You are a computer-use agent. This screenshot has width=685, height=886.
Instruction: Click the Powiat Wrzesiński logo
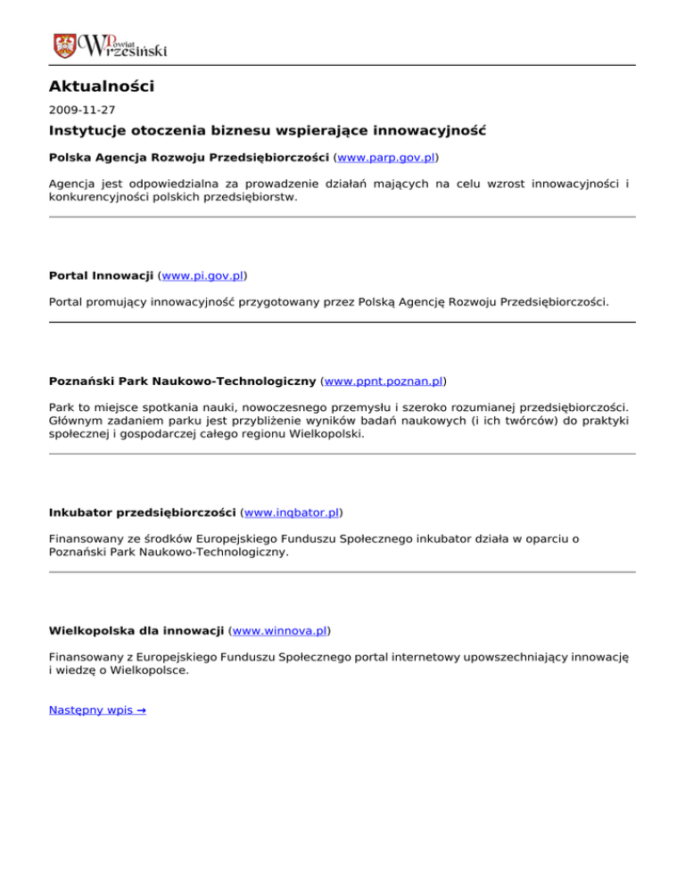pyautogui.click(x=110, y=44)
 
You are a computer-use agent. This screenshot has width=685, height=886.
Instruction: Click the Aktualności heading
pyautogui.click(x=102, y=86)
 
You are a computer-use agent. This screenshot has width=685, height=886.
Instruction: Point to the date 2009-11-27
pyautogui.click(x=82, y=110)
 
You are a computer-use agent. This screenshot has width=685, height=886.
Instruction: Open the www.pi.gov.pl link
pyautogui.click(x=208, y=276)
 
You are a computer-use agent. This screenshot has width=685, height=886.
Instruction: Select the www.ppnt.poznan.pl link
pyautogui.click(x=384, y=381)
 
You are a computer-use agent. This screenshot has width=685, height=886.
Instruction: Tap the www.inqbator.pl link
pyautogui.click(x=293, y=513)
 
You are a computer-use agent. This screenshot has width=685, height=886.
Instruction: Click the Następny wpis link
pyautogui.click(x=97, y=710)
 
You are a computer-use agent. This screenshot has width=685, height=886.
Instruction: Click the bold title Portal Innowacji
pyautogui.click(x=107, y=276)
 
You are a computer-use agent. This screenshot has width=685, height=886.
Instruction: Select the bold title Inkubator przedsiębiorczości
pyautogui.click(x=143, y=513)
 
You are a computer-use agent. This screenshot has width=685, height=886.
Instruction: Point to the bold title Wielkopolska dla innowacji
pyautogui.click(x=136, y=631)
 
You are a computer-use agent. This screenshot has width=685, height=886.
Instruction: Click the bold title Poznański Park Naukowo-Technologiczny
pyautogui.click(x=182, y=381)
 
